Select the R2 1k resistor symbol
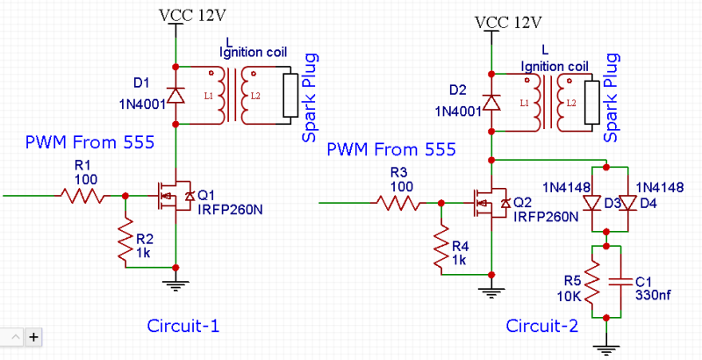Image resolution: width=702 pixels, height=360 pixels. click(x=125, y=240)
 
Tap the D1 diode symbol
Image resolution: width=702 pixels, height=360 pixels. click(x=175, y=96)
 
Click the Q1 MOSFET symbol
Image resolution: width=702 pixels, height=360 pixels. click(x=175, y=196)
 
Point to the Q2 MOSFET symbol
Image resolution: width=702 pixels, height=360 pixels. click(x=491, y=203)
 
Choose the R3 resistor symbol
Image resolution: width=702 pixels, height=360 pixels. click(x=398, y=203)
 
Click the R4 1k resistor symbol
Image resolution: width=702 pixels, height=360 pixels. click(x=441, y=248)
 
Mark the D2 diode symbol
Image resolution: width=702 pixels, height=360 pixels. click(x=491, y=103)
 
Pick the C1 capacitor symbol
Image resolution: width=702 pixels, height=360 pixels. click(x=620, y=282)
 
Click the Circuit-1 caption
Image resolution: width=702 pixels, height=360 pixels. click(x=183, y=326)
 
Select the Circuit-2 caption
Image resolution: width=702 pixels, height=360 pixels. click(x=541, y=326)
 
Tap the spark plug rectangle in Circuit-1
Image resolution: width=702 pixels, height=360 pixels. click(x=290, y=96)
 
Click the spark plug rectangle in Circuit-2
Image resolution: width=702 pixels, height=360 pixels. click(x=591, y=103)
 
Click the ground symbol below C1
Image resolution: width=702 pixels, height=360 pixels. click(x=606, y=349)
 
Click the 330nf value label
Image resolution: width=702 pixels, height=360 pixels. click(x=653, y=296)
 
